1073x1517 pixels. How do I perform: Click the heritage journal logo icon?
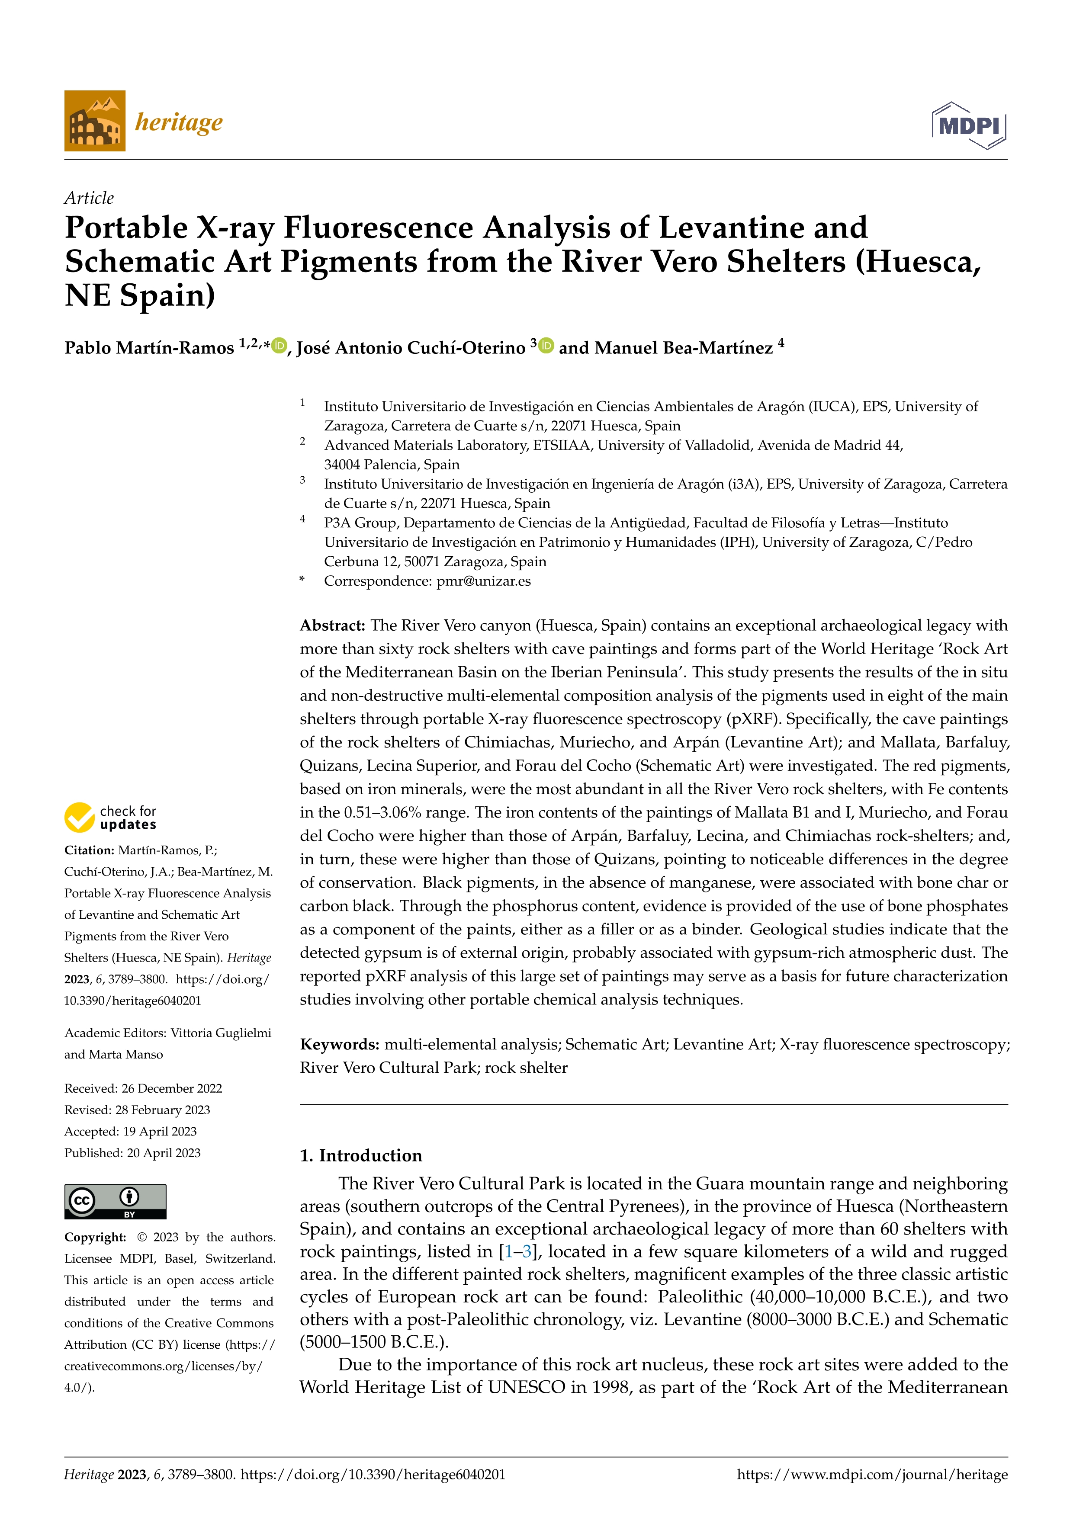[94, 121]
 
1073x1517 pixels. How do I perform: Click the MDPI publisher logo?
[969, 125]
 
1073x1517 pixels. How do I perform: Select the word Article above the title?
[89, 198]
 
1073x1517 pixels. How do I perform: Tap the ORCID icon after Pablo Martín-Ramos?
[280, 346]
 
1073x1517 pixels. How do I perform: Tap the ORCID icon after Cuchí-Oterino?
[546, 346]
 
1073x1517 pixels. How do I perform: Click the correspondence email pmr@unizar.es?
[484, 581]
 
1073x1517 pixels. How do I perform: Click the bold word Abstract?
[332, 625]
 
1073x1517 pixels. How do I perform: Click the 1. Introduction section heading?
[361, 1155]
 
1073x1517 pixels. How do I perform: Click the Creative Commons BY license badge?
[115, 1201]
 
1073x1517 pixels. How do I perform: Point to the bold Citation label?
[89, 850]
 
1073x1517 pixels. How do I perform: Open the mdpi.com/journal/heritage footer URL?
[872, 1475]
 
